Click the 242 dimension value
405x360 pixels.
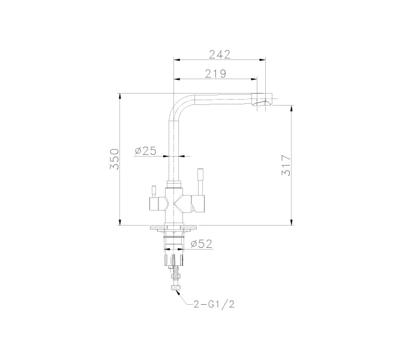coord(220,54)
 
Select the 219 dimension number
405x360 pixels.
coord(215,74)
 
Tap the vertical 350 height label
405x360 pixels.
coord(115,159)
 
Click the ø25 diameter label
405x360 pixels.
coord(146,151)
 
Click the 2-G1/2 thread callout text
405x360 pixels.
coord(214,305)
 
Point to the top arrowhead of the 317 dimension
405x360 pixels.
coord(292,109)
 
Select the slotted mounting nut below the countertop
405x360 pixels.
coord(175,259)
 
